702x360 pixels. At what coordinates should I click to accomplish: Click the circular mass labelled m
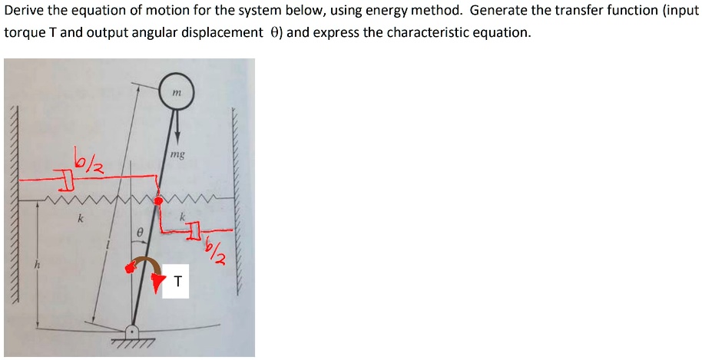(x=177, y=92)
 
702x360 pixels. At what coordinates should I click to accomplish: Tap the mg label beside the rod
(x=177, y=154)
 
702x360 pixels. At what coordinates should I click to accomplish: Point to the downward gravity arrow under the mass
(x=177, y=127)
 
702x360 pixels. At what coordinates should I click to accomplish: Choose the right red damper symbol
(x=195, y=229)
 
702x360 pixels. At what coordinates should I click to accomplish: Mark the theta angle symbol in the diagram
(x=139, y=230)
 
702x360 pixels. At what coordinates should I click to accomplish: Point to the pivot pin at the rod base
(x=132, y=332)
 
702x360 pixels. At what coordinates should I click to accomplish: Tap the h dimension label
(x=34, y=266)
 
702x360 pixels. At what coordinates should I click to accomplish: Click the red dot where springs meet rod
(x=158, y=201)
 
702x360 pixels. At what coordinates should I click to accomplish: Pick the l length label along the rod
(x=110, y=244)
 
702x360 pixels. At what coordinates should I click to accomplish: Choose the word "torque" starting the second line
(x=25, y=33)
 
